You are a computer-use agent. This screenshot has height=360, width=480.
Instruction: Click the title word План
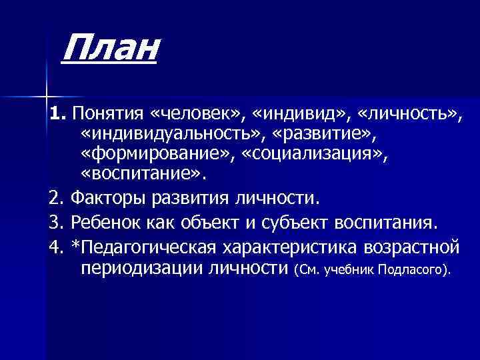(x=110, y=50)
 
